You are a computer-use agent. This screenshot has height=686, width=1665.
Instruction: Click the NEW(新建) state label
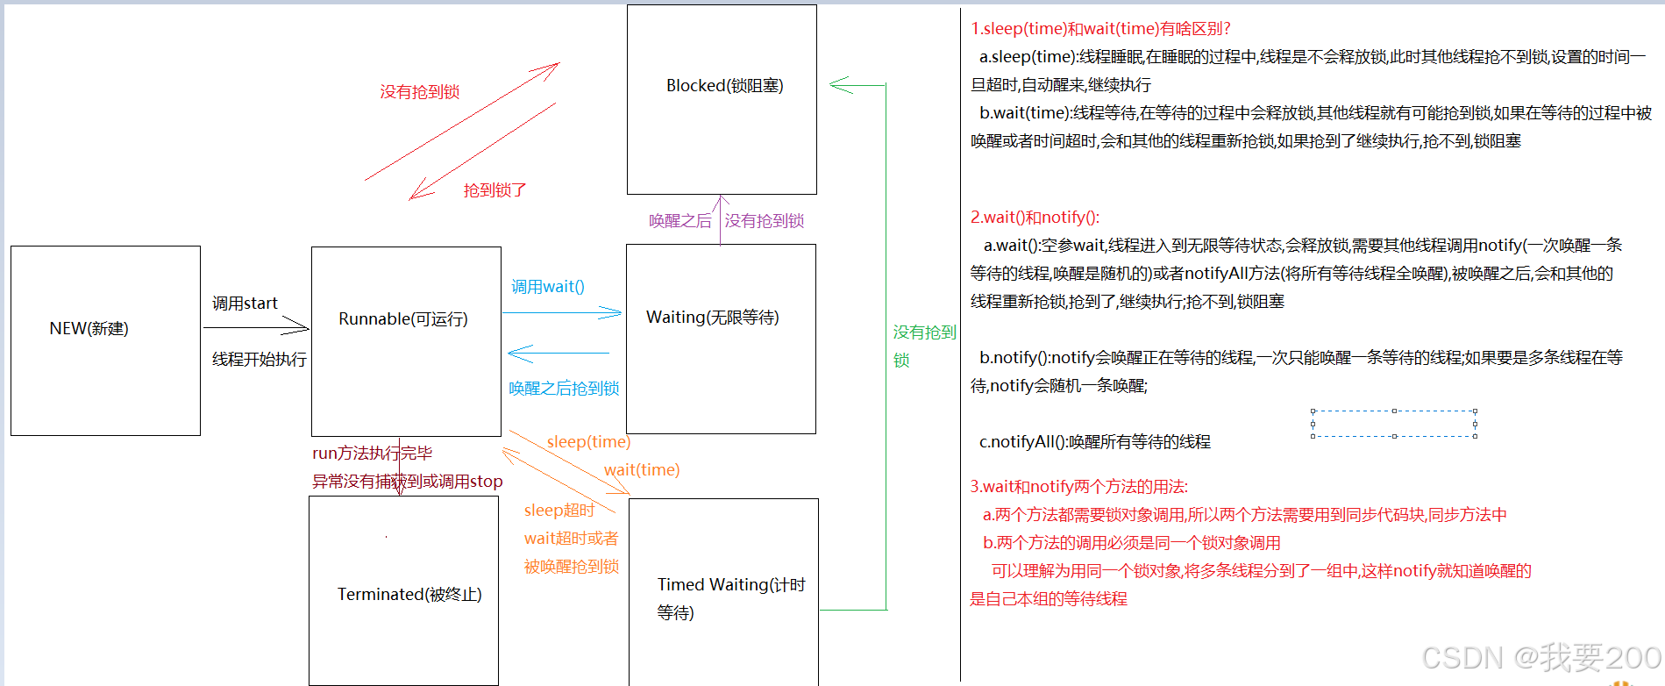[89, 329]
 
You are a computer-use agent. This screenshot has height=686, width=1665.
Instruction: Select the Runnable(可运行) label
[403, 319]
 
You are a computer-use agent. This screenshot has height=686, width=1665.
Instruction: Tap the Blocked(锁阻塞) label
[724, 86]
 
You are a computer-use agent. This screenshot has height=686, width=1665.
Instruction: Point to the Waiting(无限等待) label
[712, 318]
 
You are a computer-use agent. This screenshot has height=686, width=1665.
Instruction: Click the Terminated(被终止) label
[409, 595]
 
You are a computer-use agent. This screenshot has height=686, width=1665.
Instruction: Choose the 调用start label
[245, 304]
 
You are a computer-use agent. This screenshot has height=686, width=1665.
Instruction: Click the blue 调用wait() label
[548, 287]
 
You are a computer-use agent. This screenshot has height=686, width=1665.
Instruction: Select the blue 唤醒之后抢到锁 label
[564, 389]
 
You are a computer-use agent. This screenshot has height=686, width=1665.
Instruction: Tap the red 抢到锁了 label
[495, 190]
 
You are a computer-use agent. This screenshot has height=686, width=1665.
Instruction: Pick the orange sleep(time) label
[588, 442]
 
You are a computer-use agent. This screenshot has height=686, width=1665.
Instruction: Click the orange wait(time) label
[642, 470]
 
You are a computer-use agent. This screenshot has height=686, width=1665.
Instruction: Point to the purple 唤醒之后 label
[680, 221]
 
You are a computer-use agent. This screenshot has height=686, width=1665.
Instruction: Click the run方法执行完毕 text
[372, 454]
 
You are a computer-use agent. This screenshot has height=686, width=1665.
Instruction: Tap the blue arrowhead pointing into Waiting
[614, 312]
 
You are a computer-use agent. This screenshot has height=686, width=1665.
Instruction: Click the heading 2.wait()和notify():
[1035, 218]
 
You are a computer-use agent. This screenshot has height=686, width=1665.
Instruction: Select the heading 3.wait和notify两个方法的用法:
[1078, 487]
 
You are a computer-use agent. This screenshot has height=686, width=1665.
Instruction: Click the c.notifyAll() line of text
[1094, 442]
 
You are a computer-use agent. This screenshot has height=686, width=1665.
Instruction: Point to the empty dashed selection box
[1393, 424]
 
